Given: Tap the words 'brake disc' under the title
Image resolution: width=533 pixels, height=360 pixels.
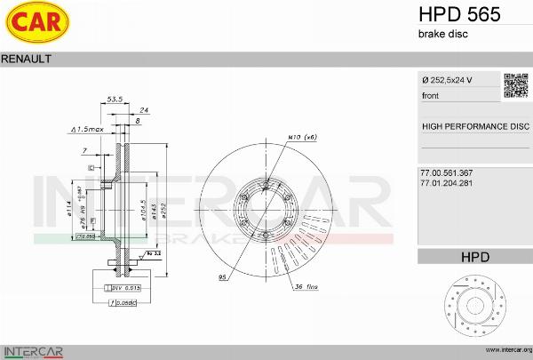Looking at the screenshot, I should point(442,34).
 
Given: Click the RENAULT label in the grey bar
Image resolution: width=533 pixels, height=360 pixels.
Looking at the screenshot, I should point(26,58).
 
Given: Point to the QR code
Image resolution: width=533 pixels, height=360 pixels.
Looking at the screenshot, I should point(517,85).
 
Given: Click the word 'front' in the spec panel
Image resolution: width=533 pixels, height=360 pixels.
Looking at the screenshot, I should point(430,95).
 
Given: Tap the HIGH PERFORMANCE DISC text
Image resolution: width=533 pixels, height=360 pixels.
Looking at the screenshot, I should point(474,127).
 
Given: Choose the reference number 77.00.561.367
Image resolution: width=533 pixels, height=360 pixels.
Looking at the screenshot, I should point(446,172).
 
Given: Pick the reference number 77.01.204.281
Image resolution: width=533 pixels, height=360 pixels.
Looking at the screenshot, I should point(446,182).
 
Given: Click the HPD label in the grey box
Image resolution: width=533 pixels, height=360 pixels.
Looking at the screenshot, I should point(474,257).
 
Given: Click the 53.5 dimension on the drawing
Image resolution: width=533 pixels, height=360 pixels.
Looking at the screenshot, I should point(114,100).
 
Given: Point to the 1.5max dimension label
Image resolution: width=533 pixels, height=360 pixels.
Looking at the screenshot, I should point(88,130).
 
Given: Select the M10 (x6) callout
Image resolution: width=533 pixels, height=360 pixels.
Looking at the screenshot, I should point(302,138).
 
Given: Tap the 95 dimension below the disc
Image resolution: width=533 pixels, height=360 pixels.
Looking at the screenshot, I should point(222,278).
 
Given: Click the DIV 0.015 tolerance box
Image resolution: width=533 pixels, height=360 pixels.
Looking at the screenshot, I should point(125,289).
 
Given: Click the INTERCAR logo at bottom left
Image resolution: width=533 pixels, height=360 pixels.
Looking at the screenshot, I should point(33,350).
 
